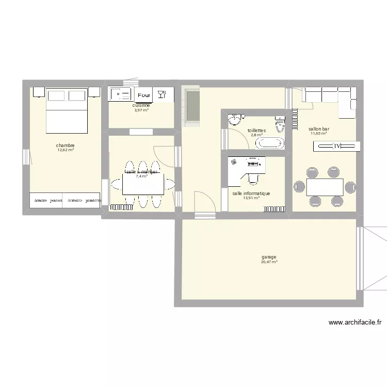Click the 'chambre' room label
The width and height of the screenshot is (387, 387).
66,146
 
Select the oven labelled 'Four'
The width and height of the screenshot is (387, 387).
144,95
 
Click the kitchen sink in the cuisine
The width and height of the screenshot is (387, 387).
120,94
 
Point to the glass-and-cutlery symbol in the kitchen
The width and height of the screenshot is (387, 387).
161,94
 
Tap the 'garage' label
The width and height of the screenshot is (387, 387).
269,257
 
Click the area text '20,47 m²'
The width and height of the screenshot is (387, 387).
269,262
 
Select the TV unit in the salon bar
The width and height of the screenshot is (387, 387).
336,147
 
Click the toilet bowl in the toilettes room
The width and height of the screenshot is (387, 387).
281,124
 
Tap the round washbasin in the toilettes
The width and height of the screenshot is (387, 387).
236,120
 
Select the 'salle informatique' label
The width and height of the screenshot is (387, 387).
251,193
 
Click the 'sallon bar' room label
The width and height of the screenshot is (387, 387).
319,129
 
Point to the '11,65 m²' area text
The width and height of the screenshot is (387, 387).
319,134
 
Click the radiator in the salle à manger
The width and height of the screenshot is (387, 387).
122,207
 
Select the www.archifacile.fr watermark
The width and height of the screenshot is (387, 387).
355,323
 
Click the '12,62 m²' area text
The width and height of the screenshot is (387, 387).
66,150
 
